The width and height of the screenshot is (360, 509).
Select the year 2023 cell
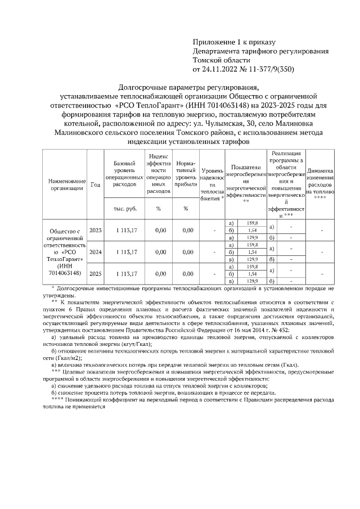95,231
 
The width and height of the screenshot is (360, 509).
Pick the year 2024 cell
95,252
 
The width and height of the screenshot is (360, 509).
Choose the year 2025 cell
95,273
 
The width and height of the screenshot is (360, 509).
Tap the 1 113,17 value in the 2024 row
125,252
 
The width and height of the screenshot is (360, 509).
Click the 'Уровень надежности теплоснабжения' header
212,184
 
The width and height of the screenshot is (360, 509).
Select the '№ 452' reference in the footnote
281,330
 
